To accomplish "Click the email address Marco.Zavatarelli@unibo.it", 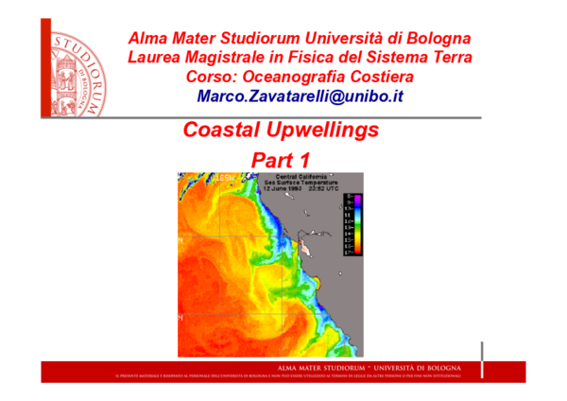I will pyautogui.click(x=300, y=96).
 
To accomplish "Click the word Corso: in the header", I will pyautogui.click(x=213, y=77).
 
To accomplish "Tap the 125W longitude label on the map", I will pyautogui.click(x=228, y=177).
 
